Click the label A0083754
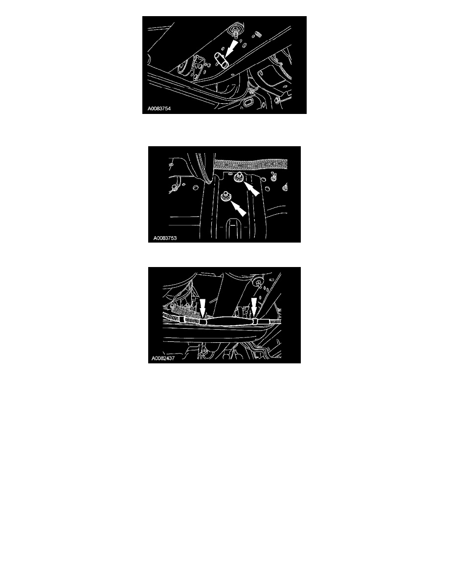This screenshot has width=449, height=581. pos(159,109)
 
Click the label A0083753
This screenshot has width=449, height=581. pos(165,238)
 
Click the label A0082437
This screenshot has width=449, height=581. pos(163,358)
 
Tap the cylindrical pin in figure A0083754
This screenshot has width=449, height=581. pos(221,60)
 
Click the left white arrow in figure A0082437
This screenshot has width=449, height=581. pos(202,309)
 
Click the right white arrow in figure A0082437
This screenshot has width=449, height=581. pos(254,308)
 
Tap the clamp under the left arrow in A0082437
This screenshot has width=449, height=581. pos(202,321)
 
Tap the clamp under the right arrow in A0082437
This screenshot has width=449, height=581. pos(255,321)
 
